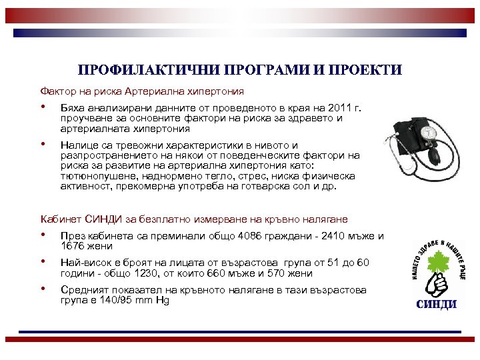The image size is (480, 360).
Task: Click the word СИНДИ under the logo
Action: point(437,305)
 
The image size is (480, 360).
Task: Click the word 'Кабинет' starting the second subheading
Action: point(60,219)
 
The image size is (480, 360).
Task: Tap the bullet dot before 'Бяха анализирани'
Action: point(43,107)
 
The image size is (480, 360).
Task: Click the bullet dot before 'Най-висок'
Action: point(43,263)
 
